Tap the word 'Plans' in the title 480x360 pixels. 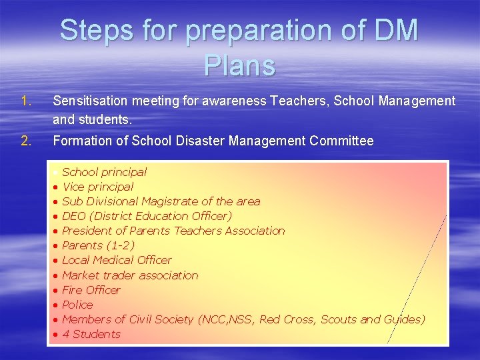pos(240,65)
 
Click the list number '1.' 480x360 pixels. pos(26,101)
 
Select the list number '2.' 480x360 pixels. pos(26,141)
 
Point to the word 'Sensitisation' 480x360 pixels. pos(92,101)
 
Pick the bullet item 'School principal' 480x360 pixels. pos(104,172)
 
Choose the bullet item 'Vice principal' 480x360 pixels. pos(97,187)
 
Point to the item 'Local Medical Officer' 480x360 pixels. pos(117,260)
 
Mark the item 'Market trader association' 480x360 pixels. pos(130,275)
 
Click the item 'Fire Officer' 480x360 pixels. pos(91,290)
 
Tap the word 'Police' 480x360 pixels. pos(77,305)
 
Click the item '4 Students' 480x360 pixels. pos(91,334)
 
